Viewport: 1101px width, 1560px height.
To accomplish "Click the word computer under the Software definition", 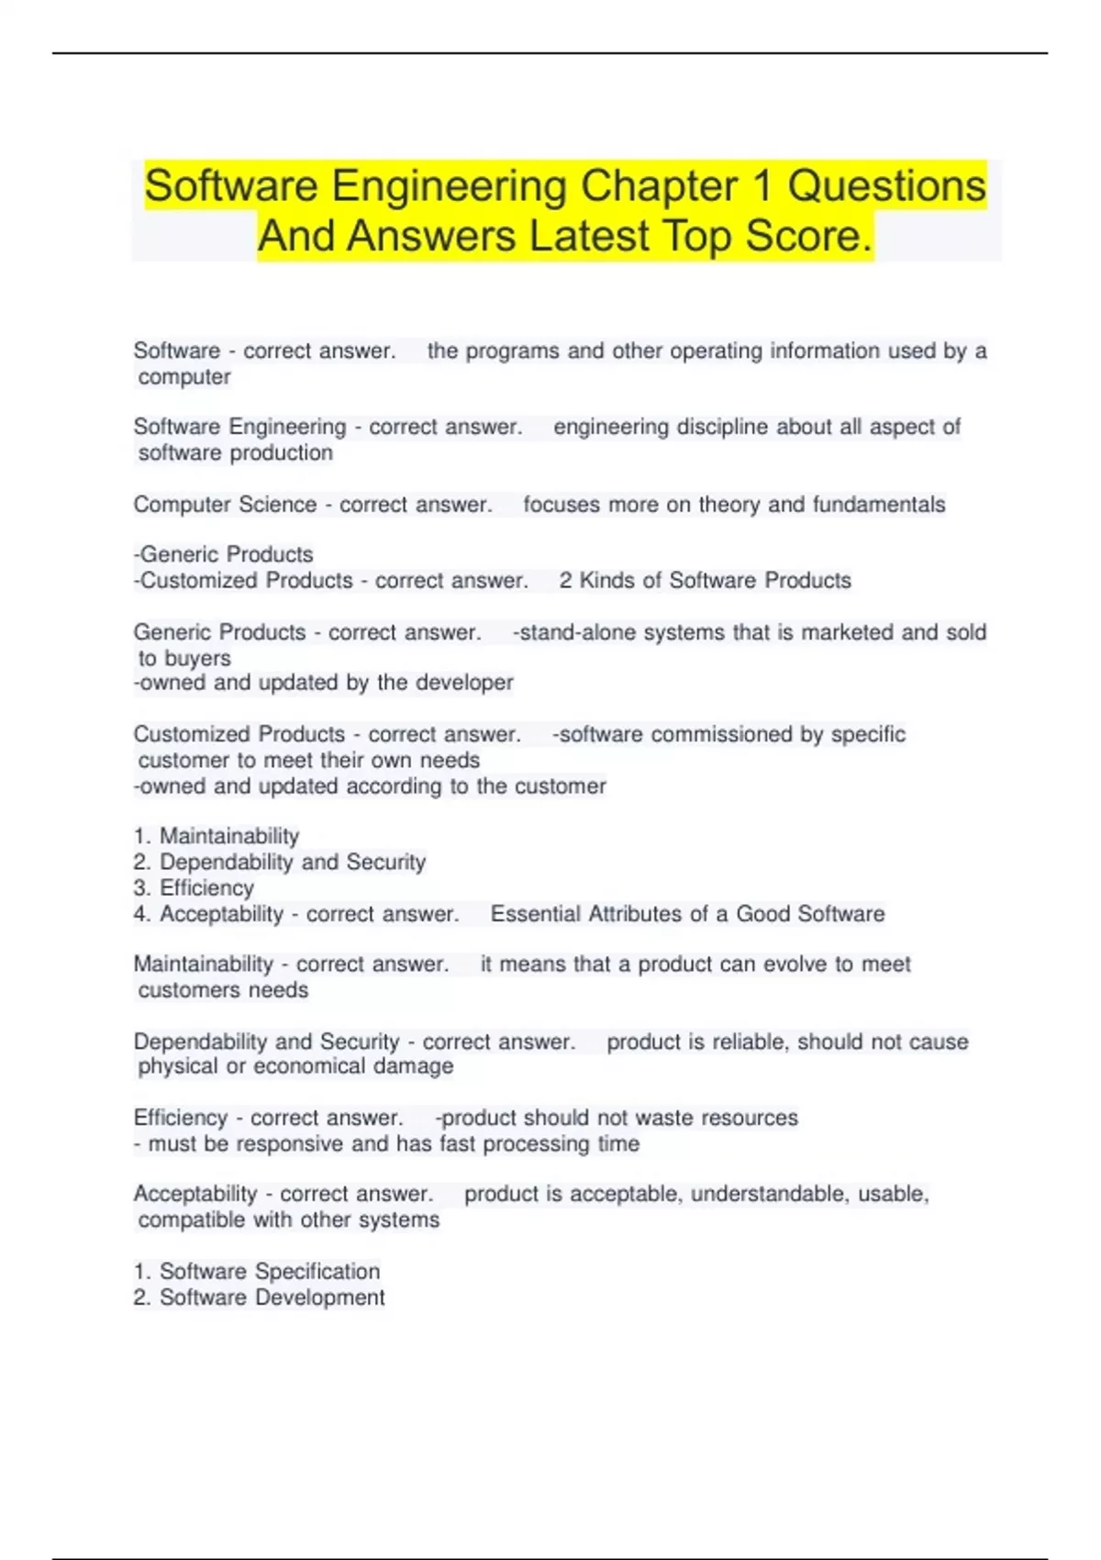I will click(184, 377).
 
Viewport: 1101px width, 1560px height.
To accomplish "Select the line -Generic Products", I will click(224, 554).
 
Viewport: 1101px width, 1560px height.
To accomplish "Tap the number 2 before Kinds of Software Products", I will click(565, 581).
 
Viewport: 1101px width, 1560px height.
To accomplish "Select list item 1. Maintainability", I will click(217, 836).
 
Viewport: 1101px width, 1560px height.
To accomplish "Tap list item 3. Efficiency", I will click(194, 887).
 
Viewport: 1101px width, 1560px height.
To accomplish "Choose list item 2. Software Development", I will click(260, 1298).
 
